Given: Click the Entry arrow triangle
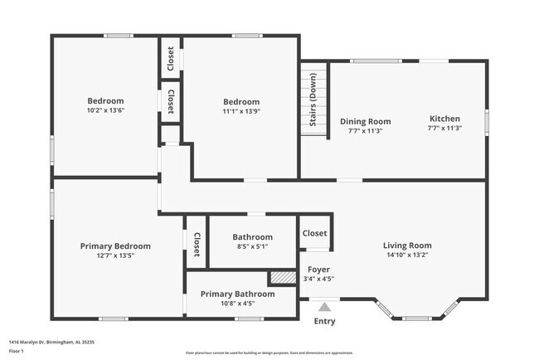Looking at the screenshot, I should (324, 306).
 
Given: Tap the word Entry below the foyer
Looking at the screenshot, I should (324, 322).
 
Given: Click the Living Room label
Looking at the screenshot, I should (406, 246).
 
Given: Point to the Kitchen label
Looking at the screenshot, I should (444, 119).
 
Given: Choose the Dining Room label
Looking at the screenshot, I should (365, 121).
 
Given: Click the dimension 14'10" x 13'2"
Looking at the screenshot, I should (406, 255).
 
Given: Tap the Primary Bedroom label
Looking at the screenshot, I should (115, 246).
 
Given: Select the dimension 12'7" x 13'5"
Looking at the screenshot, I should (115, 255).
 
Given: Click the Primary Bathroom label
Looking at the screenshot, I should (237, 294).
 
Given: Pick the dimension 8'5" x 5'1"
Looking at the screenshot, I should (252, 246).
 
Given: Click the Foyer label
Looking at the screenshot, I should (319, 270).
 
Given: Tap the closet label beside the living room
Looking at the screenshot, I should (315, 234).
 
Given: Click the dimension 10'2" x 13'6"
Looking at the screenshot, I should (106, 110).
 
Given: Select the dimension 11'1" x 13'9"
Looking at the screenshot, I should (240, 111).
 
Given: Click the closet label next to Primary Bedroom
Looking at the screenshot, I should (197, 244).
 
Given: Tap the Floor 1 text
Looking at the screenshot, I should (16, 351).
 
